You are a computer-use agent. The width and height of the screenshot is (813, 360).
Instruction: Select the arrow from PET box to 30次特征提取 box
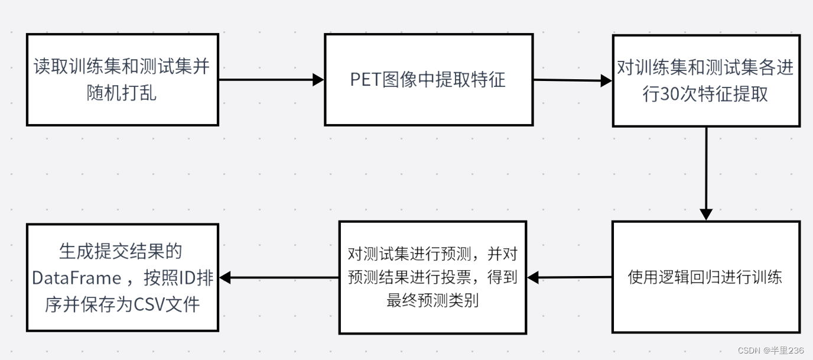pyautogui.click(x=572, y=80)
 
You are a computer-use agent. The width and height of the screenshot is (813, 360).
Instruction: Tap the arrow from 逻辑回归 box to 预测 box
pyautogui.click(x=568, y=277)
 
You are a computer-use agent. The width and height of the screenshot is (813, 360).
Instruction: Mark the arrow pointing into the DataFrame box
pyautogui.click(x=278, y=277)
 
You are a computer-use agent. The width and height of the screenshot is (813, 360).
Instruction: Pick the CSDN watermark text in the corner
pyautogui.click(x=770, y=350)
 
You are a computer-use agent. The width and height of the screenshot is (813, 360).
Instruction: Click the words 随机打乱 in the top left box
pyautogui.click(x=122, y=93)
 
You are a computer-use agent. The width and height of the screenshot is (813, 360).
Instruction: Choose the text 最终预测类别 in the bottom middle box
pyautogui.click(x=432, y=301)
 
